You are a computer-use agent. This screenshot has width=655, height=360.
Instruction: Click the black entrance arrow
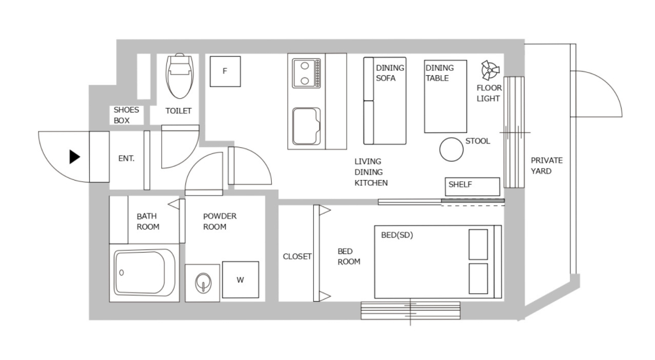pos(75,156)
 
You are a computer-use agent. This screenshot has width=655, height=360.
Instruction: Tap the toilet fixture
pos(180,75)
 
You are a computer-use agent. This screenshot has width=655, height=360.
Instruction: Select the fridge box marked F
pos(225,71)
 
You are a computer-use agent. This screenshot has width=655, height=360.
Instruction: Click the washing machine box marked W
pos(240,280)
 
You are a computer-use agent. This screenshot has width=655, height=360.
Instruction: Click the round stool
pos(451,150)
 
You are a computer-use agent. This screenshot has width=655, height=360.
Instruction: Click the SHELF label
pos(460,185)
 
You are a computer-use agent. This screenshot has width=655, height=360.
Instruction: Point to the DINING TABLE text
pos(439,73)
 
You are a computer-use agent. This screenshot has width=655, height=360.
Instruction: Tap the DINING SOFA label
pos(390,73)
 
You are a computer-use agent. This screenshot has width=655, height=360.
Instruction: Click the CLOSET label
pos(297,257)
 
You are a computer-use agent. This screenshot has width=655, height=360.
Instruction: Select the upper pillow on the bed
pos(478,243)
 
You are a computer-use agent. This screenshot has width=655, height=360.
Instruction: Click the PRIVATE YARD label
pos(546,166)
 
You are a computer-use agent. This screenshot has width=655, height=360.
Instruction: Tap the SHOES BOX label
pos(126,115)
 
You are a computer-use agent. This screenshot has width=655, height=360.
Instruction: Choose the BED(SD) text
pos(397,235)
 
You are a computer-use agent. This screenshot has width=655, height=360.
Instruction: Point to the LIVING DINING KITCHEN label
pos(371,172)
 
